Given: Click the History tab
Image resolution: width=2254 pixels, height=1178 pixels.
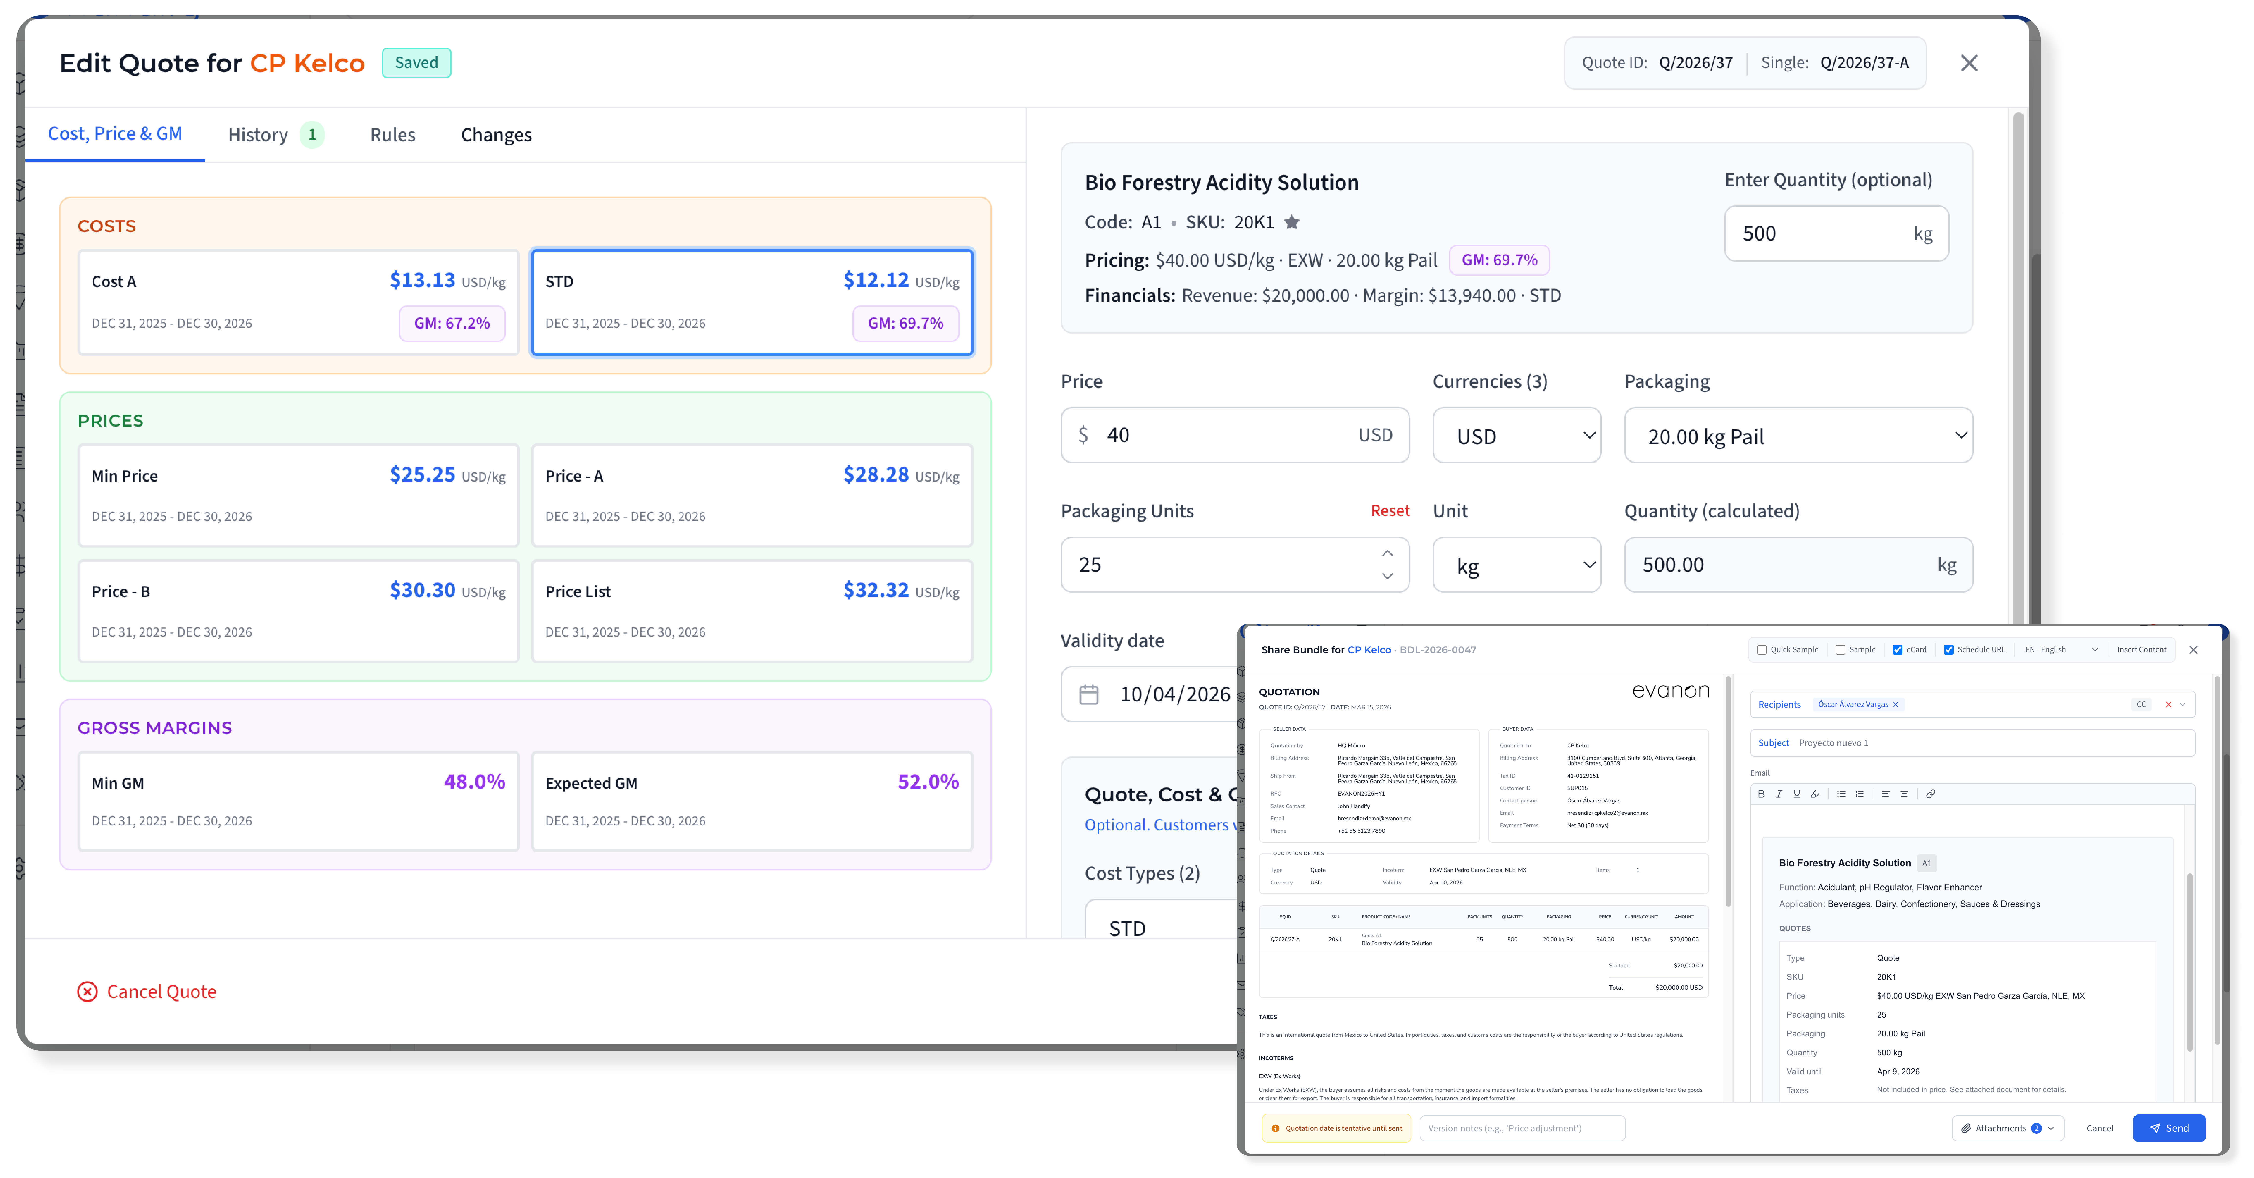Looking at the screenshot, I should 258,135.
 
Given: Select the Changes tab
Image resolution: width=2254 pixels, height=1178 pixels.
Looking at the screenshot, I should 496,135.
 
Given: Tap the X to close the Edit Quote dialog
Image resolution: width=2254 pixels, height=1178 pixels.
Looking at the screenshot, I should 1969,63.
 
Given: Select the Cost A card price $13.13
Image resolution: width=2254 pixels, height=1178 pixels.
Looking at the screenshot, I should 423,280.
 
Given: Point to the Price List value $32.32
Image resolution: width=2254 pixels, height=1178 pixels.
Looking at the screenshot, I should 876,590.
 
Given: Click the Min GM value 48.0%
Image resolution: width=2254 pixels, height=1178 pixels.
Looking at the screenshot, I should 474,782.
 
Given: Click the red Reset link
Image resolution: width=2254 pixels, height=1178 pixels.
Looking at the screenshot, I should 1389,510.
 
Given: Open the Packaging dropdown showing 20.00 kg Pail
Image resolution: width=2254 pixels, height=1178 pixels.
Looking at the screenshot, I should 1798,436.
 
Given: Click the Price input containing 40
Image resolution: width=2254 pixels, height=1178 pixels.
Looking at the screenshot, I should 1225,435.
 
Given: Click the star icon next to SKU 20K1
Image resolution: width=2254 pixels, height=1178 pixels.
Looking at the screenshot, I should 1291,222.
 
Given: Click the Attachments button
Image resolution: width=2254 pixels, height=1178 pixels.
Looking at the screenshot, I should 2007,1128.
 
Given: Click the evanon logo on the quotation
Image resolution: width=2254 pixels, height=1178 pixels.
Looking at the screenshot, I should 1670,691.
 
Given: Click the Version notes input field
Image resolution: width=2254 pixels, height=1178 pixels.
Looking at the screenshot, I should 1522,1128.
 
